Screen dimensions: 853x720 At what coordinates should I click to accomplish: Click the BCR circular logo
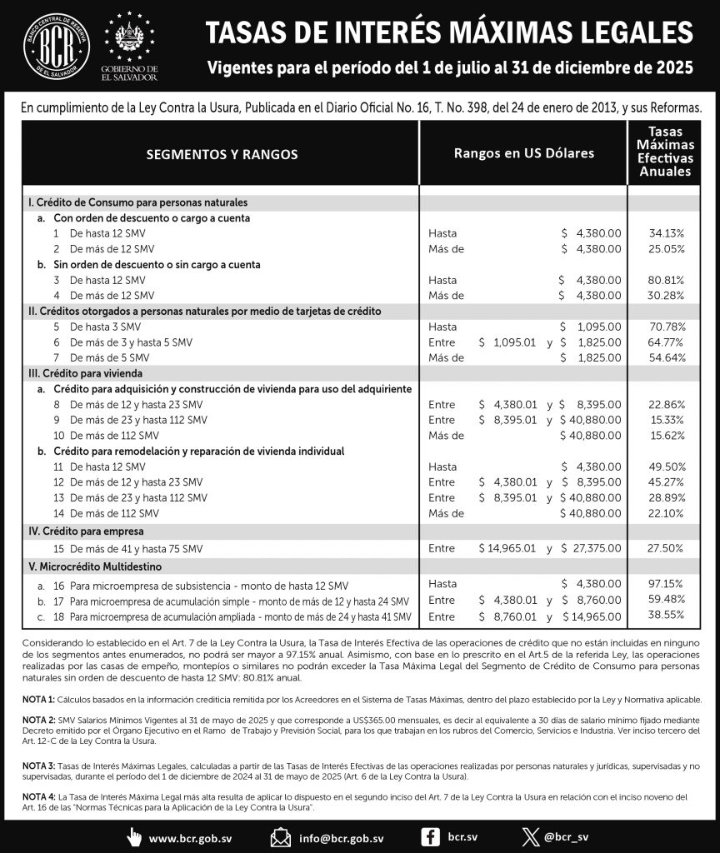click(x=57, y=47)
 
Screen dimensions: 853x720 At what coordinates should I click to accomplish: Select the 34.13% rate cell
click(x=667, y=233)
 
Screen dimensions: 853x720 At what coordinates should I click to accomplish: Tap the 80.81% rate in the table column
click(x=667, y=280)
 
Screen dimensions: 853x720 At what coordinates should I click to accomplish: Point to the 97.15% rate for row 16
click(x=667, y=586)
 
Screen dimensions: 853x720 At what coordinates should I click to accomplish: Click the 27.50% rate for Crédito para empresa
click(x=667, y=548)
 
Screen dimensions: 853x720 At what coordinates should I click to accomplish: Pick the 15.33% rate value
click(x=667, y=420)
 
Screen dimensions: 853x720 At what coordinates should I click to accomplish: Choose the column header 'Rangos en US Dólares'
click(x=523, y=154)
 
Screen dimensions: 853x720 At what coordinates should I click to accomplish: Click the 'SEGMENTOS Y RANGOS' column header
click(x=222, y=154)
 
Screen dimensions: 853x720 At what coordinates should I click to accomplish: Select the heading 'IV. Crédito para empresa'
click(x=86, y=531)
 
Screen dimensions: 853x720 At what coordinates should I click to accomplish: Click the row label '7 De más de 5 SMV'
click(x=107, y=357)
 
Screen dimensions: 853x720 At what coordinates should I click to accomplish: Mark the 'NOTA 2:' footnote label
click(x=38, y=718)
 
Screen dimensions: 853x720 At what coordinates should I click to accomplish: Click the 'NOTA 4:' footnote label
click(x=38, y=796)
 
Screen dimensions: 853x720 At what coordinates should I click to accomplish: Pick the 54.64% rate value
click(x=667, y=357)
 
